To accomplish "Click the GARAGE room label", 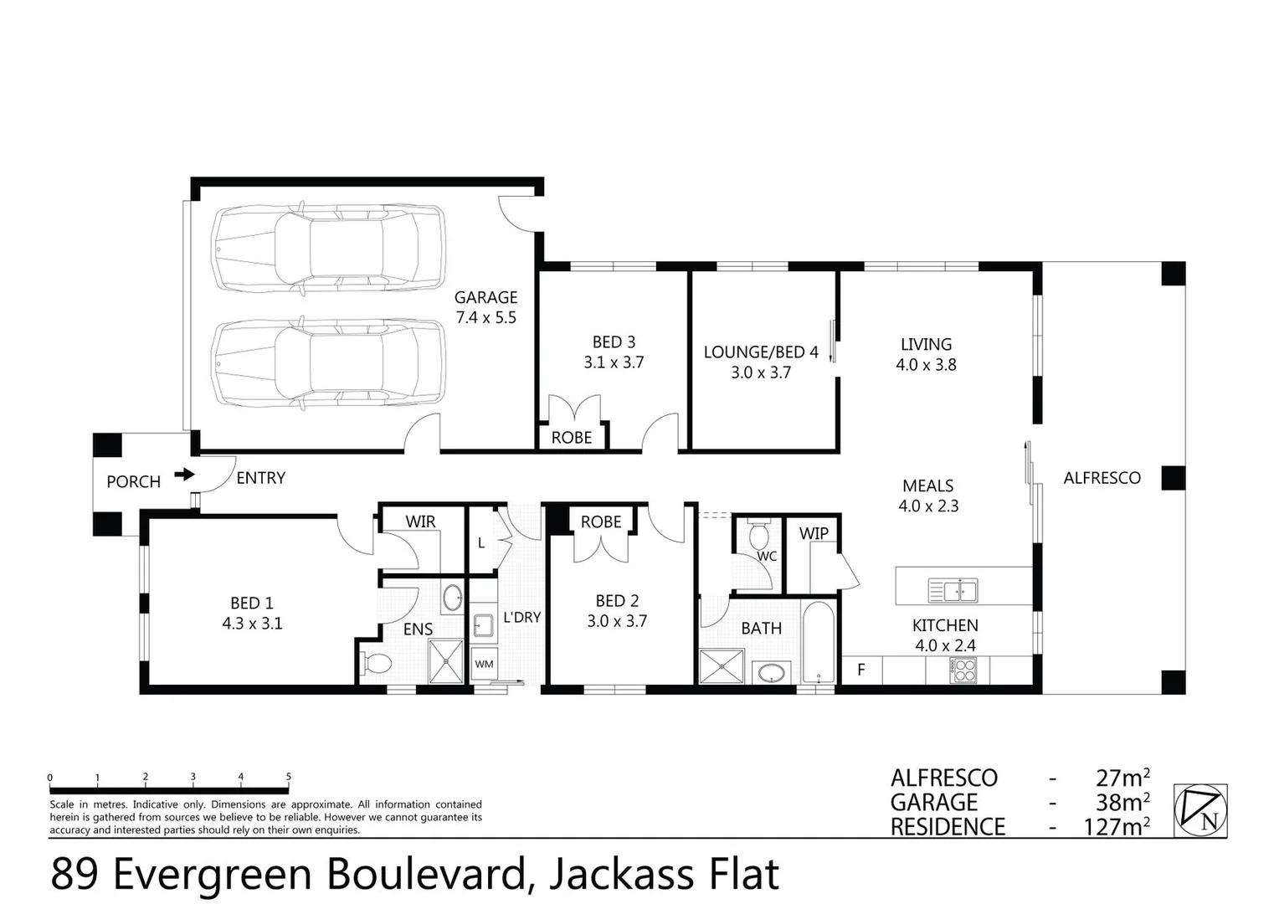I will point(485,297).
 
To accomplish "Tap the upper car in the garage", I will point(327,249).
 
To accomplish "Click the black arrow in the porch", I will point(184,475).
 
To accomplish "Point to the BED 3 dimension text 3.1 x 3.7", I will point(614,362).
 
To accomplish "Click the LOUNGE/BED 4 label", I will point(760,352).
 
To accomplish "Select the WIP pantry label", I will point(813,533).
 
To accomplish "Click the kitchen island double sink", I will point(953,591).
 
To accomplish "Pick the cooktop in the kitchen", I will point(963,669).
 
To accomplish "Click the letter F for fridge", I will point(860,670).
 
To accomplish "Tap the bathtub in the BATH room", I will point(817,643).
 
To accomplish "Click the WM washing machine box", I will point(484,664).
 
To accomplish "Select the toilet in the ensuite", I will point(376,664).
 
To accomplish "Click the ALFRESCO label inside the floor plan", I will point(1102,478).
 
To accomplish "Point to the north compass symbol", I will point(1200,810).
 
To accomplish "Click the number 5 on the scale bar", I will point(289,777).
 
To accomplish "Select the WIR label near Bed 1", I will point(420,521).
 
